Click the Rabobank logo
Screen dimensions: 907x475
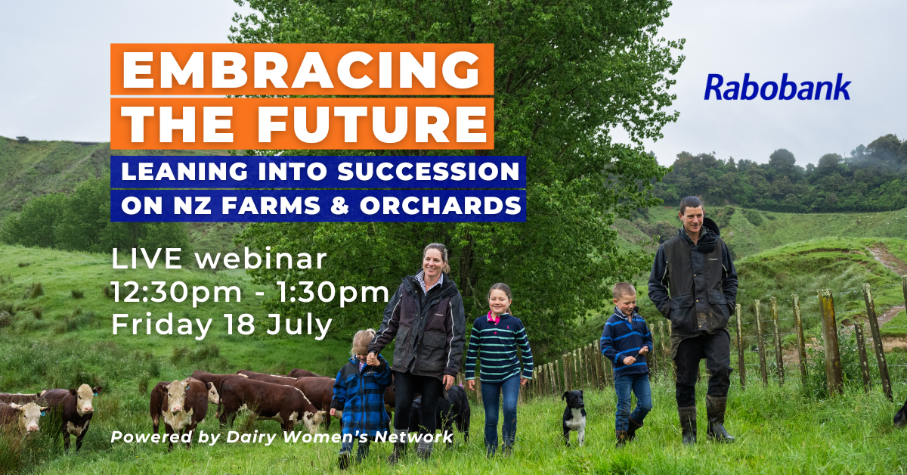777,87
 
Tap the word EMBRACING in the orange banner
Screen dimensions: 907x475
302,69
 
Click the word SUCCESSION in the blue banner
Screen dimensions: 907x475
429,172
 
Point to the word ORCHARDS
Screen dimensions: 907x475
441,205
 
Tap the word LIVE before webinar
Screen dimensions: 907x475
147,259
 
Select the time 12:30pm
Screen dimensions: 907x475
177,293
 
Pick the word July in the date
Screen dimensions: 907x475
299,326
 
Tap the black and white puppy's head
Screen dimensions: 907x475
573,401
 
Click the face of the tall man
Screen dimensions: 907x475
692,216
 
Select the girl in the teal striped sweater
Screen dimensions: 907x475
499,367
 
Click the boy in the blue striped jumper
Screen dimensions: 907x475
627,361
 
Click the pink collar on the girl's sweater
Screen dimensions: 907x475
494,317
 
